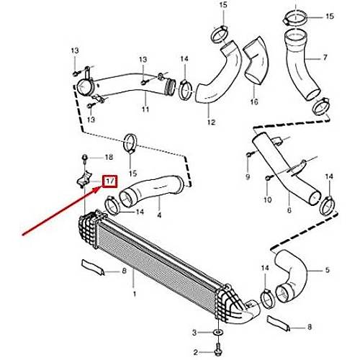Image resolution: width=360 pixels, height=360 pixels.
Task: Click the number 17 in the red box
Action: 110,181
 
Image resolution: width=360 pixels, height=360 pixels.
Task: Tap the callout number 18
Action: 109,158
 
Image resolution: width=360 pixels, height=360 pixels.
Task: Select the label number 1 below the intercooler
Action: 135,294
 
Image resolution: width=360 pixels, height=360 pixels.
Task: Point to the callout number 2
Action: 196,352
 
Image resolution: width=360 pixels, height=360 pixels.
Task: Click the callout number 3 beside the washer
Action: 194,333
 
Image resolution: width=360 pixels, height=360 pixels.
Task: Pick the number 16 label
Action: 254,102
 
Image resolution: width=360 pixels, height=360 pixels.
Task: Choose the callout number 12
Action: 211,122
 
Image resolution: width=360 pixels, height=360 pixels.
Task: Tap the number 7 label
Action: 325,58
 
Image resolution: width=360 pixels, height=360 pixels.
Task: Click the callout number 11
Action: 145,109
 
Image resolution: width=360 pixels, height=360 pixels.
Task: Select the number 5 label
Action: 328,270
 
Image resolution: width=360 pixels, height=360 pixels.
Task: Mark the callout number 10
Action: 267,199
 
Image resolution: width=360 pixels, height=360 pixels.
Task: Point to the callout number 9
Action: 248,177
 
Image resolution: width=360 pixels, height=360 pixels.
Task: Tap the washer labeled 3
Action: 218,333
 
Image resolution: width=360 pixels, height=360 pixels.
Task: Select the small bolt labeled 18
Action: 85,158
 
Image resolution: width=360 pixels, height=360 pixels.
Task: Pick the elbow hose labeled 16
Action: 256,62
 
